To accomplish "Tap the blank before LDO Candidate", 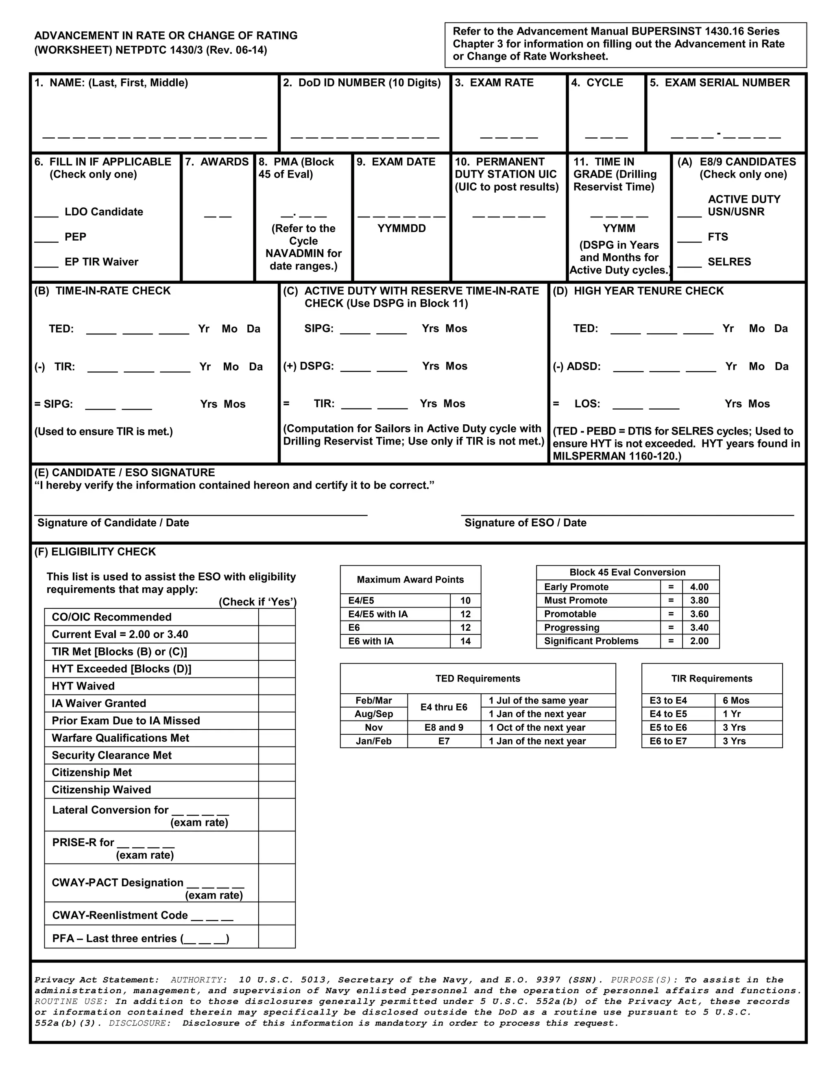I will click(46, 213).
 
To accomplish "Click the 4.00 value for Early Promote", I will click(699, 587).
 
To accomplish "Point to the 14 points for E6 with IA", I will click(465, 641).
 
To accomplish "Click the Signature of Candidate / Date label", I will click(113, 523).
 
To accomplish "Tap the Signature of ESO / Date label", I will click(525, 523).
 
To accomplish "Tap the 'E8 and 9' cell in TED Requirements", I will click(444, 727).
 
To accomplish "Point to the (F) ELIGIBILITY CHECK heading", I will click(95, 552).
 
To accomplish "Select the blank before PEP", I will click(46, 238).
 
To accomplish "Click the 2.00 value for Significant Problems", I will click(699, 641).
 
